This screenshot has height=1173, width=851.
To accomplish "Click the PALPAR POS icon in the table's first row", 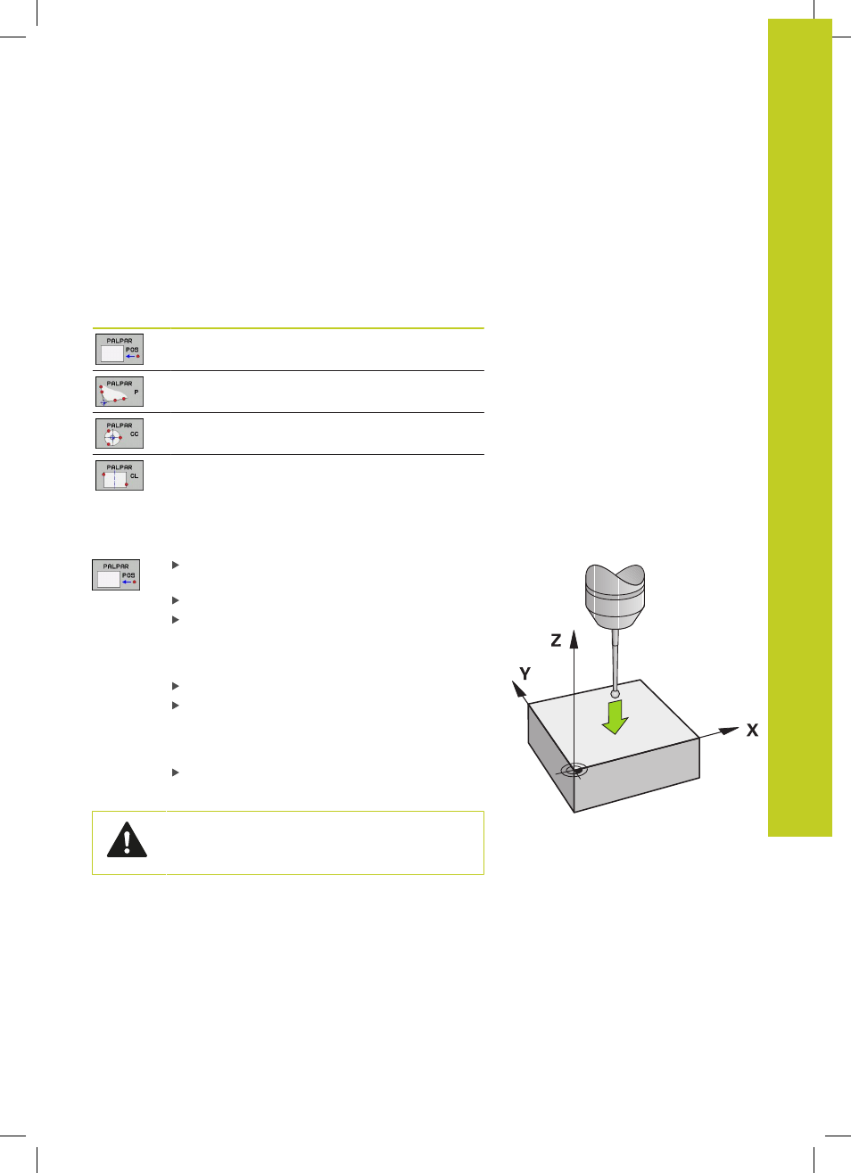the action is [x=120, y=350].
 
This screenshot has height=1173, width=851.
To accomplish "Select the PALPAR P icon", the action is [x=120, y=392].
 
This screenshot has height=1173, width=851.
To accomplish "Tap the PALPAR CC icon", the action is [x=120, y=433].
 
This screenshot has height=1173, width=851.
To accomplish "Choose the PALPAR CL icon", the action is [x=120, y=475].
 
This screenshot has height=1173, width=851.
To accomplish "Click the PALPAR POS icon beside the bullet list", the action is [x=116, y=574].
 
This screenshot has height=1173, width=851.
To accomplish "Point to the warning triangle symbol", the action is [x=127, y=840].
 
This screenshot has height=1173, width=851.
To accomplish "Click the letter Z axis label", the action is [x=556, y=640].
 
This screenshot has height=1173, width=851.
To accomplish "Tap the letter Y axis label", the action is [x=525, y=673].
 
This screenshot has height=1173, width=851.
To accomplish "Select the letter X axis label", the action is [x=753, y=730].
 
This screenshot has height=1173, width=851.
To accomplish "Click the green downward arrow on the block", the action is [x=616, y=717].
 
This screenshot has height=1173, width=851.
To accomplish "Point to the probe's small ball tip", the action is [x=616, y=694].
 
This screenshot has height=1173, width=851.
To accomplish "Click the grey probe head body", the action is [x=615, y=597].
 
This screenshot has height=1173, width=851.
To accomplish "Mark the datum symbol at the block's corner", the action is [x=574, y=771].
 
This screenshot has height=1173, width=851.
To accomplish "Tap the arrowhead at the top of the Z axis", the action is [x=574, y=639].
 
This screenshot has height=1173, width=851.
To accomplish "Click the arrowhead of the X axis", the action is [x=729, y=731].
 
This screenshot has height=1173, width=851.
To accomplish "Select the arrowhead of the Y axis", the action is [x=519, y=690].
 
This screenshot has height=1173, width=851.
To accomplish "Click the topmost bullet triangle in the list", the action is [x=176, y=565].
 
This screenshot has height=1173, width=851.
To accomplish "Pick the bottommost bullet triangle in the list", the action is [x=176, y=772].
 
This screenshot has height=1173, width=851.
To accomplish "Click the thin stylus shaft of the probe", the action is [x=616, y=660].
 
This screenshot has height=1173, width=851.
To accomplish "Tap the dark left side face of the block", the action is [x=550, y=754].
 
